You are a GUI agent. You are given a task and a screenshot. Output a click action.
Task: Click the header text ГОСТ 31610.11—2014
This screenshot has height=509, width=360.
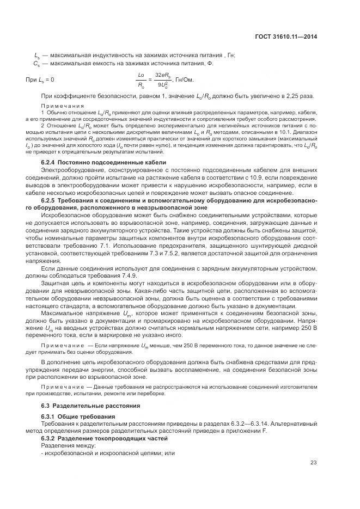pos(289,36)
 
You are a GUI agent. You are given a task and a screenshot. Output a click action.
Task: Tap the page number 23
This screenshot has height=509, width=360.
pos(313,463)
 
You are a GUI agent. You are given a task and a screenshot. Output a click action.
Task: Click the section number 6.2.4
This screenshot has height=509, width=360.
pos(50,163)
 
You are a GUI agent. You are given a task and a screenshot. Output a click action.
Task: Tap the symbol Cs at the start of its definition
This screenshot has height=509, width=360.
pos(37,63)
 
